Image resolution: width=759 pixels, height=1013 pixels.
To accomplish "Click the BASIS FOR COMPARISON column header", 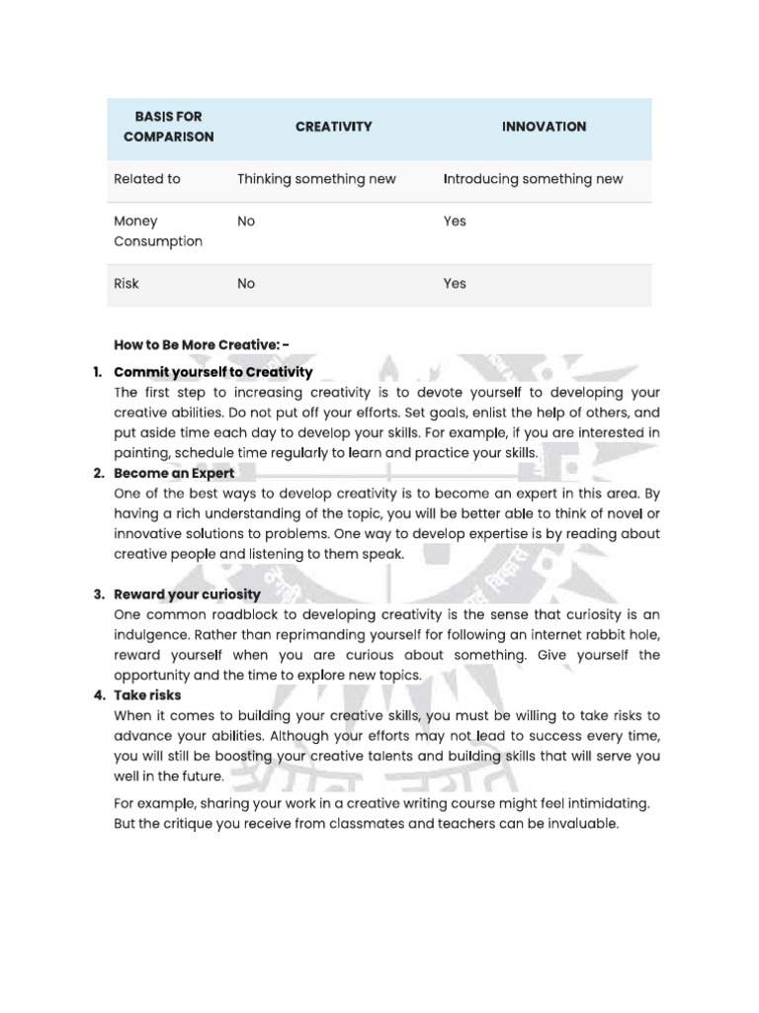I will pyautogui.click(x=168, y=128).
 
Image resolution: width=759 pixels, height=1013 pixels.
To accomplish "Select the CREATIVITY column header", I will pyautogui.click(x=333, y=127).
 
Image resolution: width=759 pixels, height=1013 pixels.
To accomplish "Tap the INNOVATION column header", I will pyautogui.click(x=544, y=127).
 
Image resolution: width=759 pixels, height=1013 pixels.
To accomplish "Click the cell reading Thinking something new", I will pyautogui.click(x=316, y=179).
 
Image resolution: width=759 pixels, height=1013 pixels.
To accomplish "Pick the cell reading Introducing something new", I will pyautogui.click(x=533, y=179).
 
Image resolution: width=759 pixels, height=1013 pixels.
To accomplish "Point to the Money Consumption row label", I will pyautogui.click(x=158, y=231).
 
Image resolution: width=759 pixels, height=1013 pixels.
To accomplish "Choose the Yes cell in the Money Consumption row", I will pyautogui.click(x=455, y=222).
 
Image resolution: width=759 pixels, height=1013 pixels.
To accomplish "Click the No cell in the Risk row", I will pyautogui.click(x=246, y=284).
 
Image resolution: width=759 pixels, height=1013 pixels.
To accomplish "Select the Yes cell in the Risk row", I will pyautogui.click(x=455, y=284).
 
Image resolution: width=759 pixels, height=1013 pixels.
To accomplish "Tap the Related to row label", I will pyautogui.click(x=147, y=179).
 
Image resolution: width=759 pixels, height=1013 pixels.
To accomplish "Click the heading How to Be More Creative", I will pyautogui.click(x=202, y=344).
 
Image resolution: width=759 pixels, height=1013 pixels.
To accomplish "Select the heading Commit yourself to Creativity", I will pyautogui.click(x=212, y=372).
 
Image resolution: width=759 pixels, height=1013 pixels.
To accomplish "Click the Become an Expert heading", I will pyautogui.click(x=174, y=473).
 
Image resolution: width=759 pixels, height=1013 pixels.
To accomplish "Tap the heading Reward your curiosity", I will pyautogui.click(x=187, y=595).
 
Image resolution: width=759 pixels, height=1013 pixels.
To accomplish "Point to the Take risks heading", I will pyautogui.click(x=147, y=695).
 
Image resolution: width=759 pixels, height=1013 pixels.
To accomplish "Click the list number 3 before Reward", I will pyautogui.click(x=98, y=595).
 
